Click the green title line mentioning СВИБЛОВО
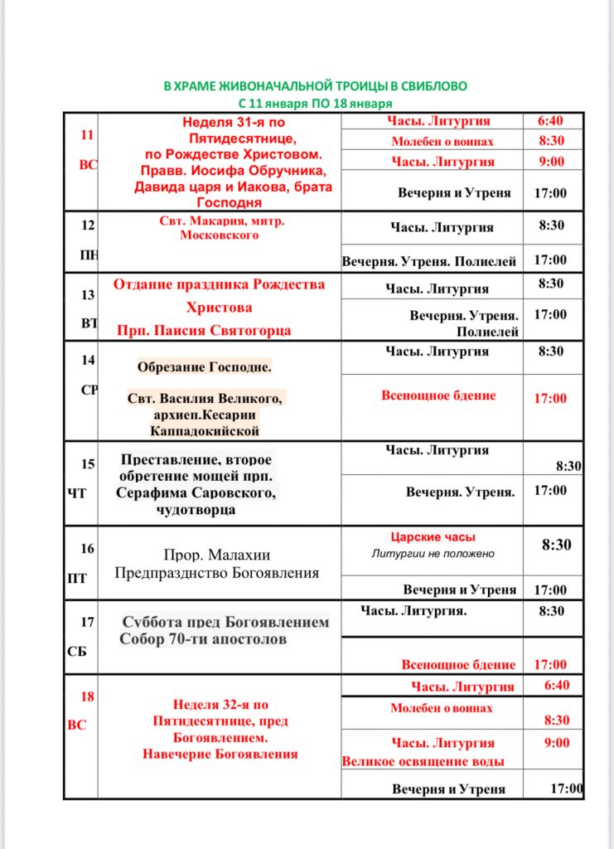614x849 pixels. coord(315,86)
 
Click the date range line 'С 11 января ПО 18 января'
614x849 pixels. coord(315,104)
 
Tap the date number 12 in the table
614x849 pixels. coord(88,225)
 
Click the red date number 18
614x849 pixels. coord(88,696)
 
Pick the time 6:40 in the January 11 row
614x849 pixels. coord(554,121)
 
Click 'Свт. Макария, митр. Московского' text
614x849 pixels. coord(220,228)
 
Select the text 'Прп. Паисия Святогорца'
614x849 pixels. coord(204,330)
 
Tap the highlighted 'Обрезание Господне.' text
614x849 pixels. coord(205,366)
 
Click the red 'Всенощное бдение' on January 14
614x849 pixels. coord(438,395)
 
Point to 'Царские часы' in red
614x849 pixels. coord(433,537)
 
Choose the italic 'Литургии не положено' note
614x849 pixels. coord(433,553)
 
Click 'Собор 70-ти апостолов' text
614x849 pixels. coord(203,639)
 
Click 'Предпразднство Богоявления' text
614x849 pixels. coord(216,573)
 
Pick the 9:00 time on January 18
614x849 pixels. coord(557,743)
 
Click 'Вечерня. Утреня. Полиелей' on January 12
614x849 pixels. coord(429,261)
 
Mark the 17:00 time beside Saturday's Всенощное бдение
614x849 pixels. coord(550,665)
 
